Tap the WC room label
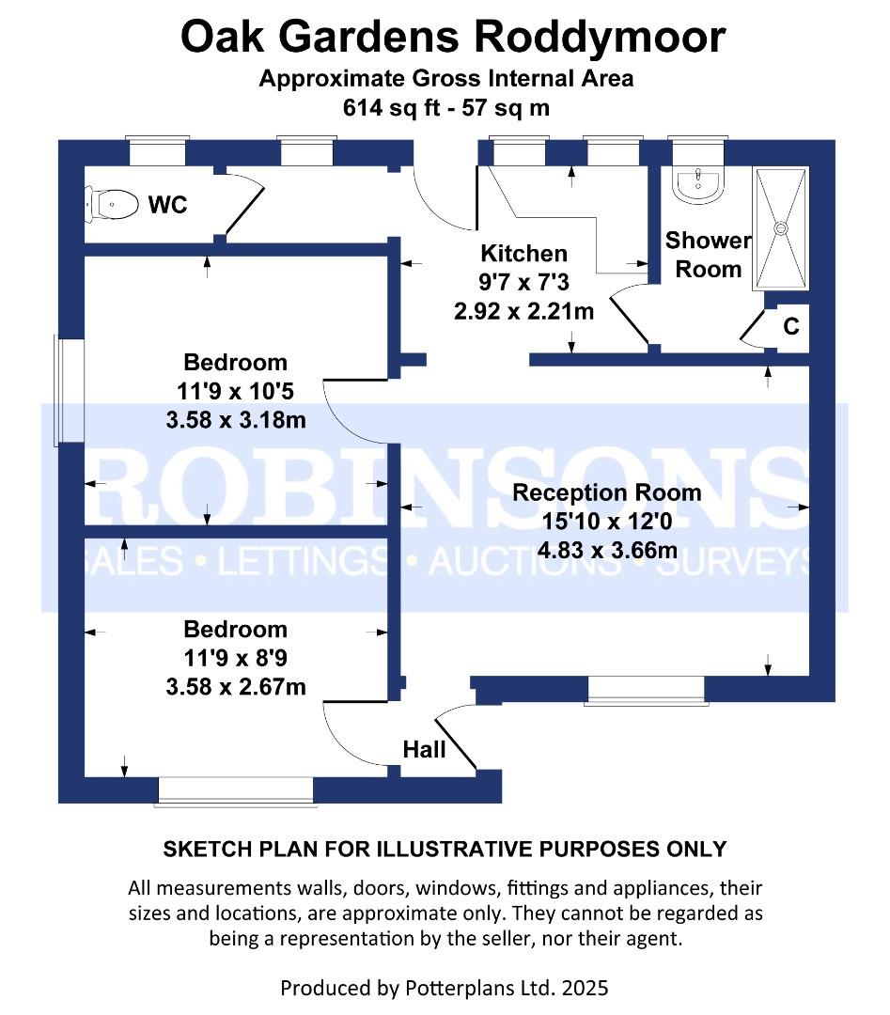[167, 204]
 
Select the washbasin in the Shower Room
[697, 182]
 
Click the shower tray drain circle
[779, 227]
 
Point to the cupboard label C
[791, 327]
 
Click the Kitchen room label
[523, 254]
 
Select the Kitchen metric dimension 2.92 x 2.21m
[523, 311]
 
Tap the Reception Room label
[606, 492]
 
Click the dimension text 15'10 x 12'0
[606, 522]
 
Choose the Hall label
[424, 750]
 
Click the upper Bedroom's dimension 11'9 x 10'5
[236, 391]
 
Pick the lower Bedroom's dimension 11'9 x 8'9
[236, 658]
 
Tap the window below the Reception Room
[645, 691]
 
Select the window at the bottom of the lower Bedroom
[235, 791]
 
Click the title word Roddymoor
[600, 38]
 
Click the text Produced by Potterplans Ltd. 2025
[445, 988]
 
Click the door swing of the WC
[246, 203]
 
